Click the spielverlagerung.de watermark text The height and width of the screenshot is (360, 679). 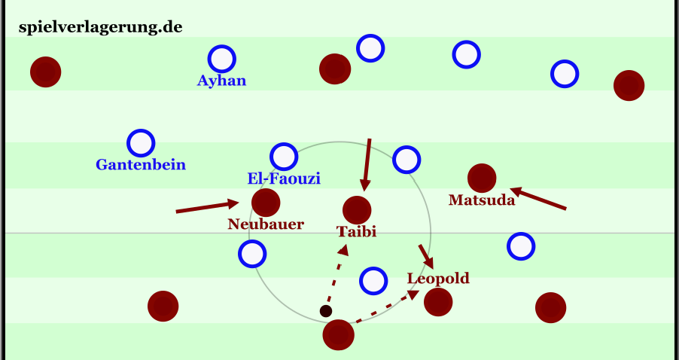click(x=100, y=27)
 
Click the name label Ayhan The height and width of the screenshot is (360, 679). click(x=221, y=81)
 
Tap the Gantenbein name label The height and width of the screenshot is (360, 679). click(x=141, y=164)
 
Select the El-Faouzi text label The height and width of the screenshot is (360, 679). click(x=284, y=178)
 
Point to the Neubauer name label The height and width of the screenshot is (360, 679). click(x=266, y=224)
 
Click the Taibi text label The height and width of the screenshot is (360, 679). click(x=356, y=232)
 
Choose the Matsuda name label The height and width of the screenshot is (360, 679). click(x=482, y=200)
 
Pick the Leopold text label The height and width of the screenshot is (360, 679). click(x=438, y=279)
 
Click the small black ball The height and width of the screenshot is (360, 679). click(x=326, y=311)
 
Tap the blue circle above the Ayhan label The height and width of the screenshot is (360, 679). click(x=221, y=58)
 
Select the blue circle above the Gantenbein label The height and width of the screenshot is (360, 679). click(x=141, y=143)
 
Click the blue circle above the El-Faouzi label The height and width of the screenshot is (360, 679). click(x=284, y=156)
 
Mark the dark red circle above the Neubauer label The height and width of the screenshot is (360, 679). click(x=266, y=202)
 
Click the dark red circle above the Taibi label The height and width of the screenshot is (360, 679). click(x=356, y=209)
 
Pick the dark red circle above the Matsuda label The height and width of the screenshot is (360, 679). click(x=482, y=178)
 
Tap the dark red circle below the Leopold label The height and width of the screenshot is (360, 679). click(x=438, y=302)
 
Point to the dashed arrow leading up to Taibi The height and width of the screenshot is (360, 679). click(x=336, y=274)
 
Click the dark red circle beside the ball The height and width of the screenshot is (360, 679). click(x=339, y=334)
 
